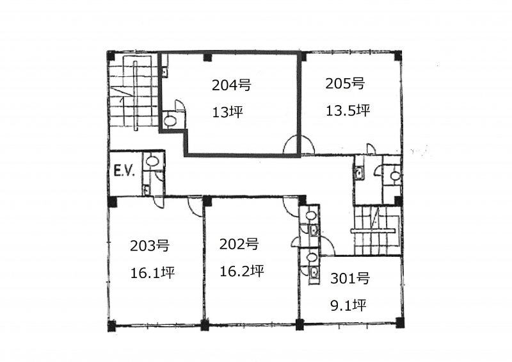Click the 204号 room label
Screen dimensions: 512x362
point(231,85)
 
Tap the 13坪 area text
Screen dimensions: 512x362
point(228,113)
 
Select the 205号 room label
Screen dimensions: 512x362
point(345,84)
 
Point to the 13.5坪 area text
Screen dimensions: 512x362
point(348,111)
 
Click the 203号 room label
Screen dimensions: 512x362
point(150,245)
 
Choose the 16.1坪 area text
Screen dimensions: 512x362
point(152,272)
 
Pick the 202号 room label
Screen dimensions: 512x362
point(239,244)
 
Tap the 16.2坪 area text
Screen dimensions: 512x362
point(242,271)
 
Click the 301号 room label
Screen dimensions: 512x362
point(349,279)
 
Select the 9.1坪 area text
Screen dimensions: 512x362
point(348,306)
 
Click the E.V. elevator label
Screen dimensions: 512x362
point(124,172)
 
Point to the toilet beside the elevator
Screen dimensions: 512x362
point(151,161)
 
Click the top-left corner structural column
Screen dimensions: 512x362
point(111,55)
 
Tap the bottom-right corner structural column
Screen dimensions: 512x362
point(399,322)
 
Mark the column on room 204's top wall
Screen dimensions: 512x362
point(207,58)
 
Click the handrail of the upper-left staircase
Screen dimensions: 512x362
point(136,95)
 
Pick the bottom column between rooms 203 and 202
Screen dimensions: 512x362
point(205,325)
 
